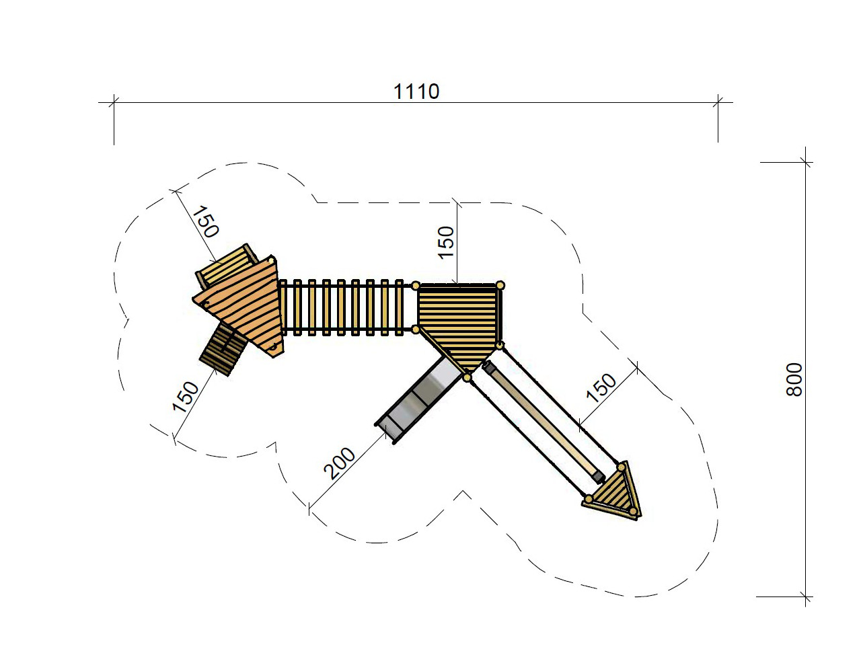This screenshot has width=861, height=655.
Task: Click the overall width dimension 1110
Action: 416,91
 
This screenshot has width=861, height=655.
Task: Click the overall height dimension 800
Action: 794,380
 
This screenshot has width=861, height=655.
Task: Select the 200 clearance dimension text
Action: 340,463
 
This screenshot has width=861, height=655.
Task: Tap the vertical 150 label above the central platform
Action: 446,243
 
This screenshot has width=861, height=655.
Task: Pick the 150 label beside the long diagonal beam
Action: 601,388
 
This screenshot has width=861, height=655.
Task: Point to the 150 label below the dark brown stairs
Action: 186,396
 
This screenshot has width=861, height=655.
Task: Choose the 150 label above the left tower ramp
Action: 205,222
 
